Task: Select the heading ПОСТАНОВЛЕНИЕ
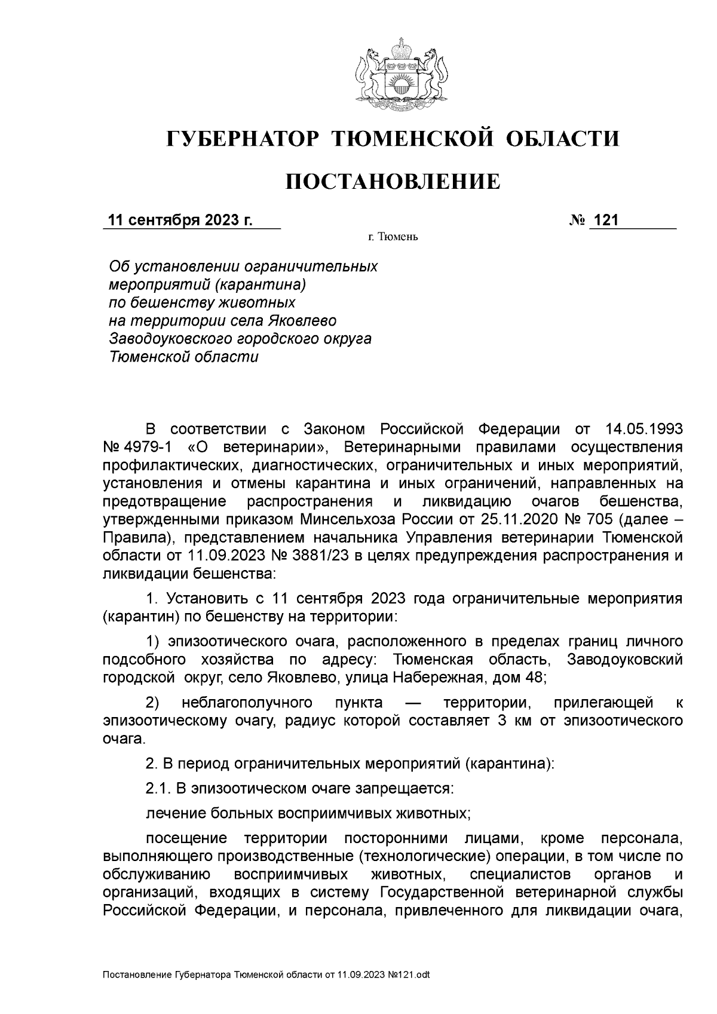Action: click(392, 181)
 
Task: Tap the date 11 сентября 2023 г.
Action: click(179, 220)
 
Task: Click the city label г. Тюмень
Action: click(393, 238)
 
